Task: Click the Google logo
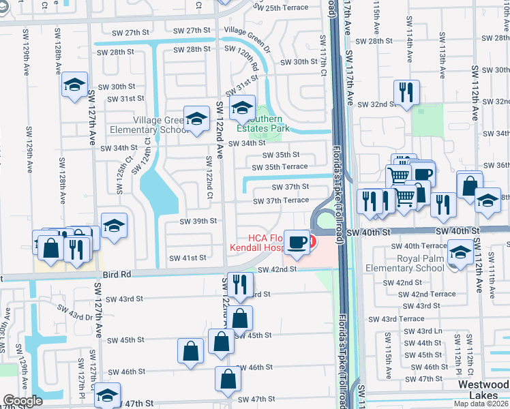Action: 22,402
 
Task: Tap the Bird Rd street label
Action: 117,274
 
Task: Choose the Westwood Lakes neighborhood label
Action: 483,390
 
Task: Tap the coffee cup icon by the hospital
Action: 297,244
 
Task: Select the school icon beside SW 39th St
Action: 115,226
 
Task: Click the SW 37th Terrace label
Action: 281,200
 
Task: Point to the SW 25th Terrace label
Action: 280,7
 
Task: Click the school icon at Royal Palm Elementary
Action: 461,253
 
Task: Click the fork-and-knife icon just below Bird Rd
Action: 239,285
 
